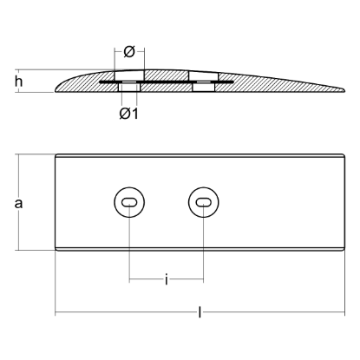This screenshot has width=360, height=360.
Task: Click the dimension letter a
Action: coord(18,204)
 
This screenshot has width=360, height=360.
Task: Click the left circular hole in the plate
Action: coord(128,203)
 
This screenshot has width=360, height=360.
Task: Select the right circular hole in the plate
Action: coord(203,203)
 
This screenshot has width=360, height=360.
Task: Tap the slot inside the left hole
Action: coord(128,203)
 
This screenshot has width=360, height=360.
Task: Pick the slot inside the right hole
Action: coord(203,203)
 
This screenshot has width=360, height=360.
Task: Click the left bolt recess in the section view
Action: coord(128,88)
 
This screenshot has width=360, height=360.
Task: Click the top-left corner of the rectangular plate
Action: coord(57,155)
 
